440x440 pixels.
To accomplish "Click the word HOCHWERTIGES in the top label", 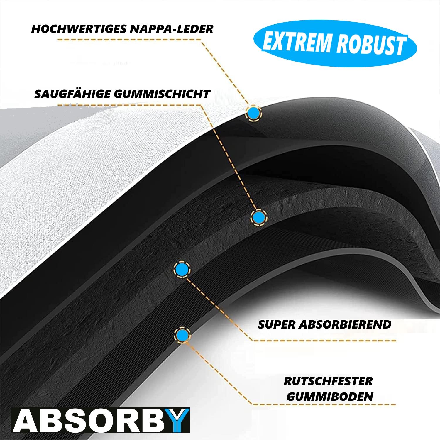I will [x=79, y=29].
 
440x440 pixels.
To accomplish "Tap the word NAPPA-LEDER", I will [x=171, y=29].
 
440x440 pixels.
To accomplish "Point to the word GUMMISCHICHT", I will [x=161, y=94].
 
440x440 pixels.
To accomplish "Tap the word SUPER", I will [x=277, y=324].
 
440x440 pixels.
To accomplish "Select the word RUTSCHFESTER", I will [x=328, y=381].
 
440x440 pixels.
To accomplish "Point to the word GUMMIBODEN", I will [x=330, y=397].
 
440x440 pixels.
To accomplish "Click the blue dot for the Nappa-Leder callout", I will [x=253, y=113].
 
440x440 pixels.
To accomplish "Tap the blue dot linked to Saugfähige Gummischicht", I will [x=258, y=217].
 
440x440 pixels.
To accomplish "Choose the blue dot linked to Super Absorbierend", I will [x=182, y=268].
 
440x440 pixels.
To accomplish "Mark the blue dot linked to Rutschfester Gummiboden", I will [x=182, y=334].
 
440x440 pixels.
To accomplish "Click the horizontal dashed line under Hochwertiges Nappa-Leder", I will [x=129, y=39].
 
